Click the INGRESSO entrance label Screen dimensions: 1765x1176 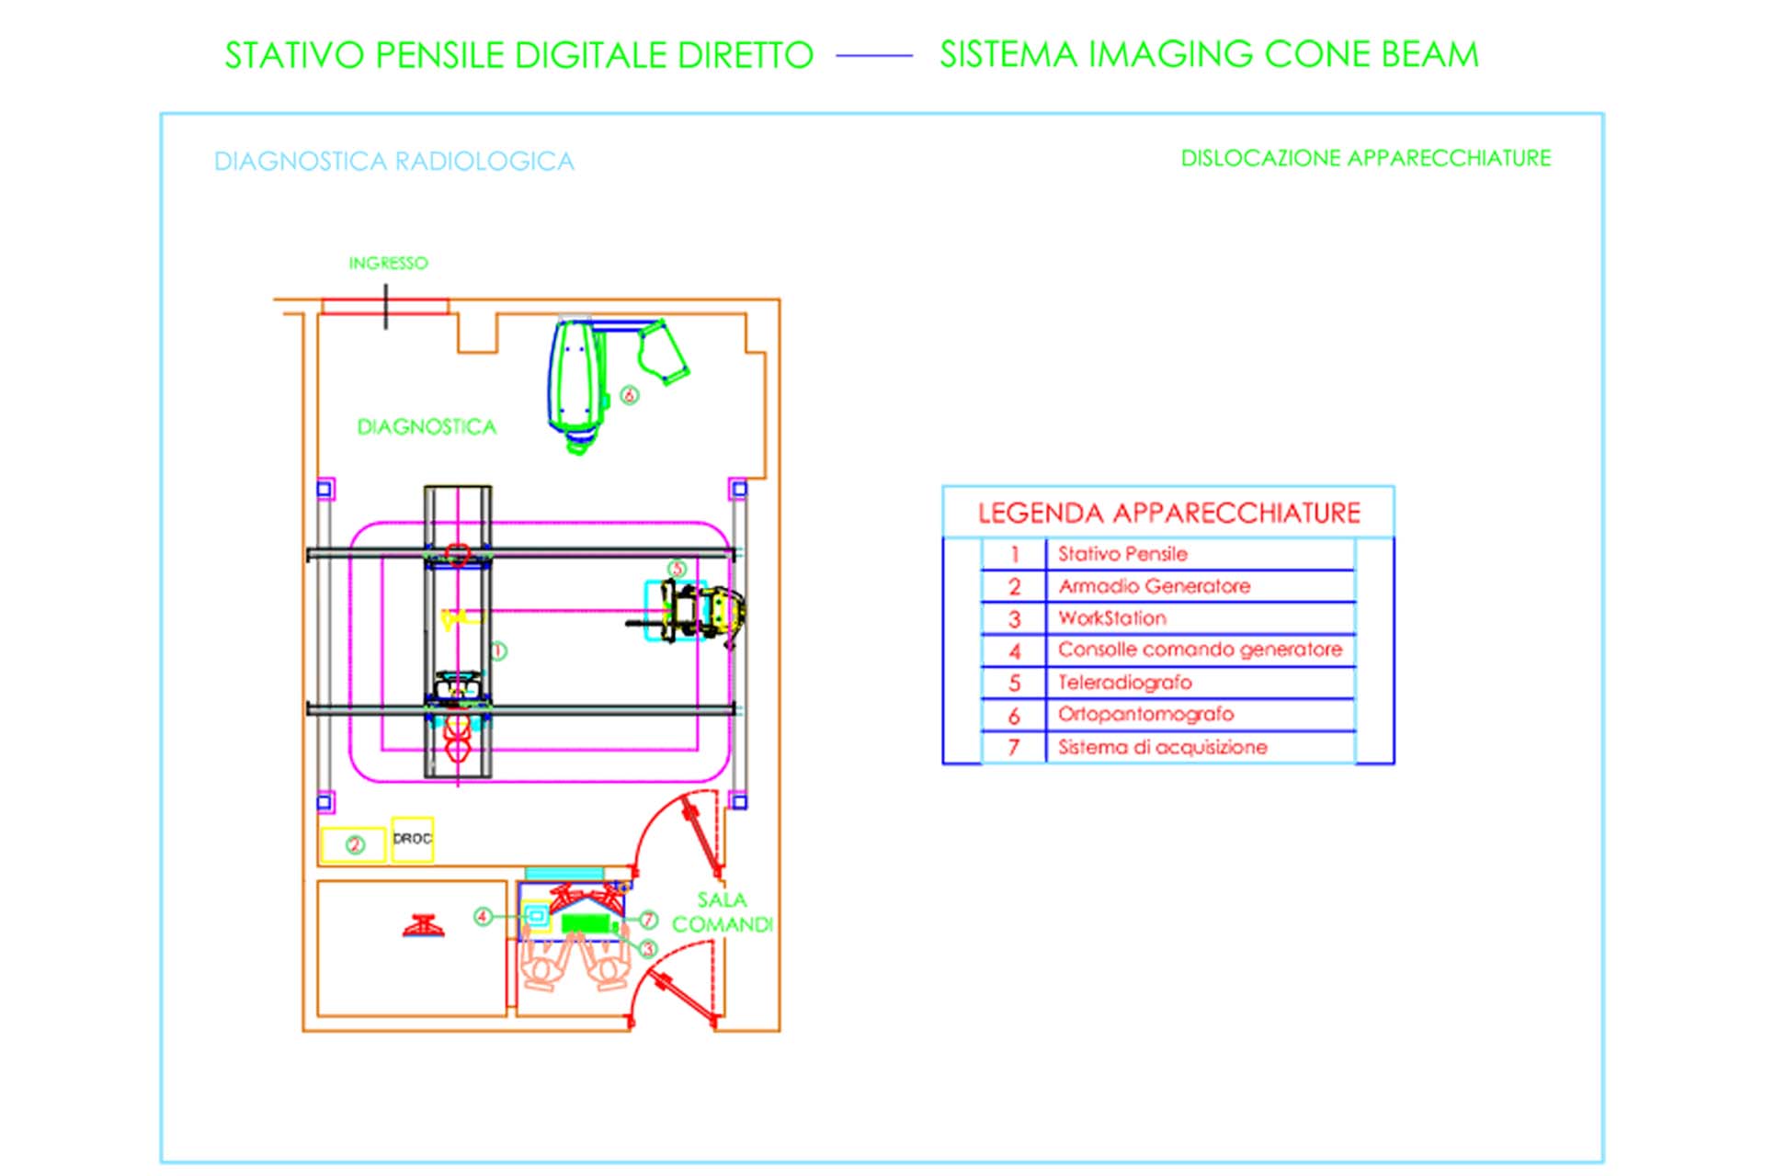tap(388, 264)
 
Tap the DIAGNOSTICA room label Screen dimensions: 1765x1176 tap(427, 427)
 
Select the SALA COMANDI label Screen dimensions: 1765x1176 tap(723, 912)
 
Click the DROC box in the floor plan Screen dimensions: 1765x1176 tap(412, 840)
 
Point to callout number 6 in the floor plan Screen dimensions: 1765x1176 tap(629, 395)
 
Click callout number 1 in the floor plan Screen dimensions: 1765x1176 tap(497, 651)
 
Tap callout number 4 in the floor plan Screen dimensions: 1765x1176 tap(483, 916)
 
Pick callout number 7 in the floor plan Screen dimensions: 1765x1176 tap(648, 919)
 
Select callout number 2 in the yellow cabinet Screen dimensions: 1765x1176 tap(355, 844)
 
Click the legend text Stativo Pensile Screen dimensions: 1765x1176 tap(1122, 554)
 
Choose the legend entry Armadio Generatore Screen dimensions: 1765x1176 tap(1154, 586)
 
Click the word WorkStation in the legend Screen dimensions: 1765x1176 tap(1112, 618)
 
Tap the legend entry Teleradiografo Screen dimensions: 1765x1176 tap(1124, 683)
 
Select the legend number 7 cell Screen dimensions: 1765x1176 tap(1014, 748)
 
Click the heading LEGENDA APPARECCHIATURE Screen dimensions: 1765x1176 tap(1168, 513)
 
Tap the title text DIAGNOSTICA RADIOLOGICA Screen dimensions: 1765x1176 tap(394, 162)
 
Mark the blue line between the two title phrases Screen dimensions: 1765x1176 tap(874, 56)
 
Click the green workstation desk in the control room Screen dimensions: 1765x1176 tap(586, 922)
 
